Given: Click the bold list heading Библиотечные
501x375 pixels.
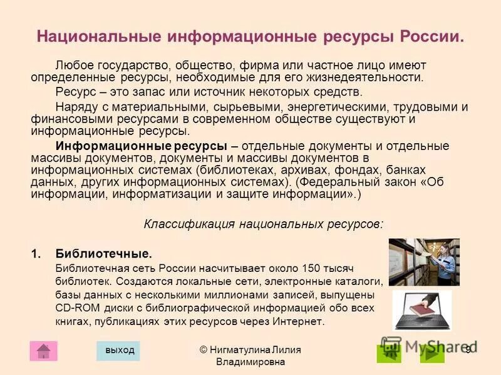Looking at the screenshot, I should pyautogui.click(x=103, y=254).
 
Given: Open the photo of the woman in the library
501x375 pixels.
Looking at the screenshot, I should pyautogui.click(x=424, y=262).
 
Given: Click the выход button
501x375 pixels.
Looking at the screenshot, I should pyautogui.click(x=118, y=351).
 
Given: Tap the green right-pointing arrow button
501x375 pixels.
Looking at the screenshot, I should pyautogui.click(x=431, y=353).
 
